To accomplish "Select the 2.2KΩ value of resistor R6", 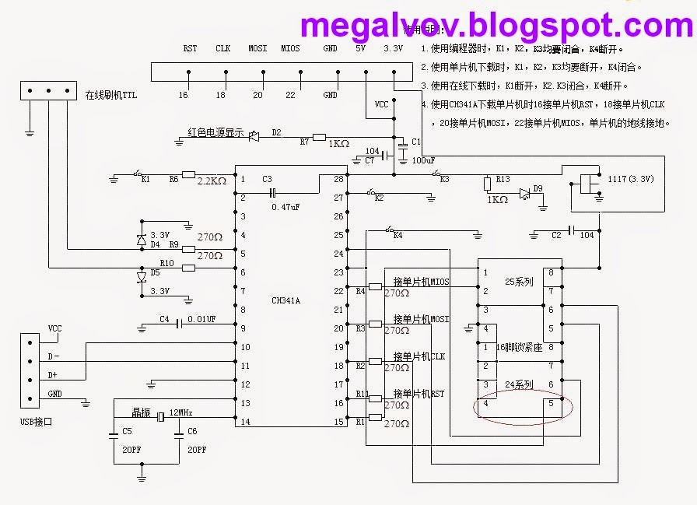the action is (x=211, y=181).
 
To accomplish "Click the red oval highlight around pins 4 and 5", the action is (x=524, y=409).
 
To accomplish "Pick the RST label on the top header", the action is (x=190, y=48).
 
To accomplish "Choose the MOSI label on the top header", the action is (x=257, y=48).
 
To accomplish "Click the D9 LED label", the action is (x=538, y=189).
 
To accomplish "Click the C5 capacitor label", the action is (x=128, y=430).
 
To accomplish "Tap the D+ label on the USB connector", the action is (x=54, y=374).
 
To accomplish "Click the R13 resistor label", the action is (x=502, y=181).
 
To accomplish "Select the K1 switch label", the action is (x=145, y=180).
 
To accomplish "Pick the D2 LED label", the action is (x=276, y=132).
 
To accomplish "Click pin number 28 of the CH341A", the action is (x=338, y=179).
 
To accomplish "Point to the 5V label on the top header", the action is (x=360, y=48).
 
